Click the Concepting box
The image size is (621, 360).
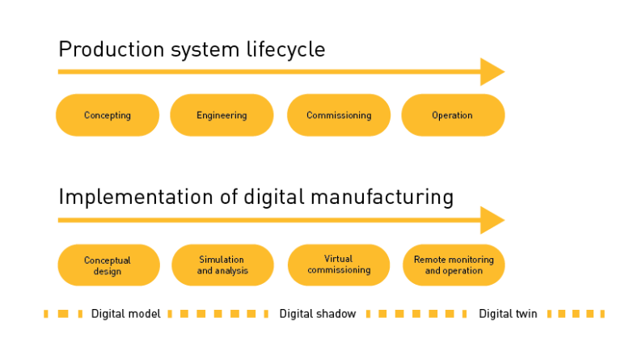click(x=107, y=115)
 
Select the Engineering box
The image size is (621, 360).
click(x=222, y=115)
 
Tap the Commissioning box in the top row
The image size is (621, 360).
click(x=338, y=115)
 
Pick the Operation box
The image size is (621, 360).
click(x=453, y=115)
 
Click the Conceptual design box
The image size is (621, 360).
click(x=108, y=265)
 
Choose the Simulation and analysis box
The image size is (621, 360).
click(x=222, y=265)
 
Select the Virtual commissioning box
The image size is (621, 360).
click(x=338, y=265)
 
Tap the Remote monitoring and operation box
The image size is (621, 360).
click(x=454, y=265)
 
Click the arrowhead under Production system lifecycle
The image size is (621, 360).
click(x=492, y=71)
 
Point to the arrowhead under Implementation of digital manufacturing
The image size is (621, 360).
click(x=492, y=220)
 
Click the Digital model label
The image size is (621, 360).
click(x=125, y=313)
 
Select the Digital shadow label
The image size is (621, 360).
click(x=318, y=313)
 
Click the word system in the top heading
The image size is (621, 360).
click(x=201, y=51)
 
